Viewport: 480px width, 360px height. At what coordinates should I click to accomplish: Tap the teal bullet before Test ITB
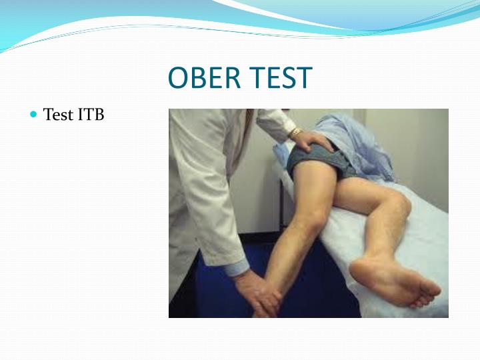[x=35, y=115]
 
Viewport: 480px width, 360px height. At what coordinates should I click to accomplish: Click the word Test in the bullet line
[x=58, y=115]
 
